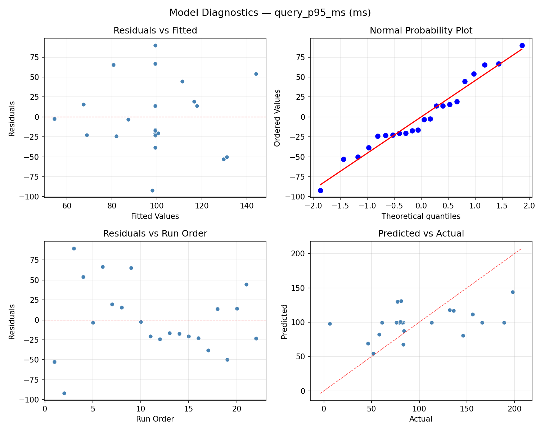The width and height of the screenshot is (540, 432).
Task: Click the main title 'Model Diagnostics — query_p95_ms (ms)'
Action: [x=270, y=13]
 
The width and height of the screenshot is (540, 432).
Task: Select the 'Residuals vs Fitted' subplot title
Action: [x=155, y=31]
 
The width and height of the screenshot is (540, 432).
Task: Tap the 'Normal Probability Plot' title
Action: [x=421, y=31]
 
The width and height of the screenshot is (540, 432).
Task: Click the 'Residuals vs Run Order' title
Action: [x=155, y=234]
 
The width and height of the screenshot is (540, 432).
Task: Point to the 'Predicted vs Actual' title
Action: [x=421, y=234]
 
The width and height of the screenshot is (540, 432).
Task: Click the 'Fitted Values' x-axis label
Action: [x=155, y=216]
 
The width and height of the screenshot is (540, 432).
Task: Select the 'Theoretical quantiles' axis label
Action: [x=421, y=216]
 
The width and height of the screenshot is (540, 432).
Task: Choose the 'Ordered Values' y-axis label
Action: [x=277, y=118]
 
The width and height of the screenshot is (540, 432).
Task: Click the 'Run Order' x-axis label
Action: [x=155, y=419]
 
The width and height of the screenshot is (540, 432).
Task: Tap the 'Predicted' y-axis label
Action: [x=284, y=321]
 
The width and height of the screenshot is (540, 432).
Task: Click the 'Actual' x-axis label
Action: [x=421, y=419]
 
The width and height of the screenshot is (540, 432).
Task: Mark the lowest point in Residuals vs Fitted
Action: [x=152, y=190]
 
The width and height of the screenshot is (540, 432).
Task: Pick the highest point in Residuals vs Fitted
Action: [x=155, y=45]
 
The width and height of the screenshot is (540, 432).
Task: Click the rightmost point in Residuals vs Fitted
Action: [x=256, y=74]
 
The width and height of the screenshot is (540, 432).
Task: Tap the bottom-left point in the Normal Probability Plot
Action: [x=320, y=190]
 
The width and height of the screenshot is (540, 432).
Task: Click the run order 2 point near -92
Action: [x=64, y=393]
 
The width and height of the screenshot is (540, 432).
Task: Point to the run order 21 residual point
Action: [x=246, y=284]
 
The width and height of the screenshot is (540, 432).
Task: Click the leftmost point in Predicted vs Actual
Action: [x=330, y=324]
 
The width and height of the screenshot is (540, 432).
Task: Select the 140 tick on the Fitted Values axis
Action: [x=247, y=206]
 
